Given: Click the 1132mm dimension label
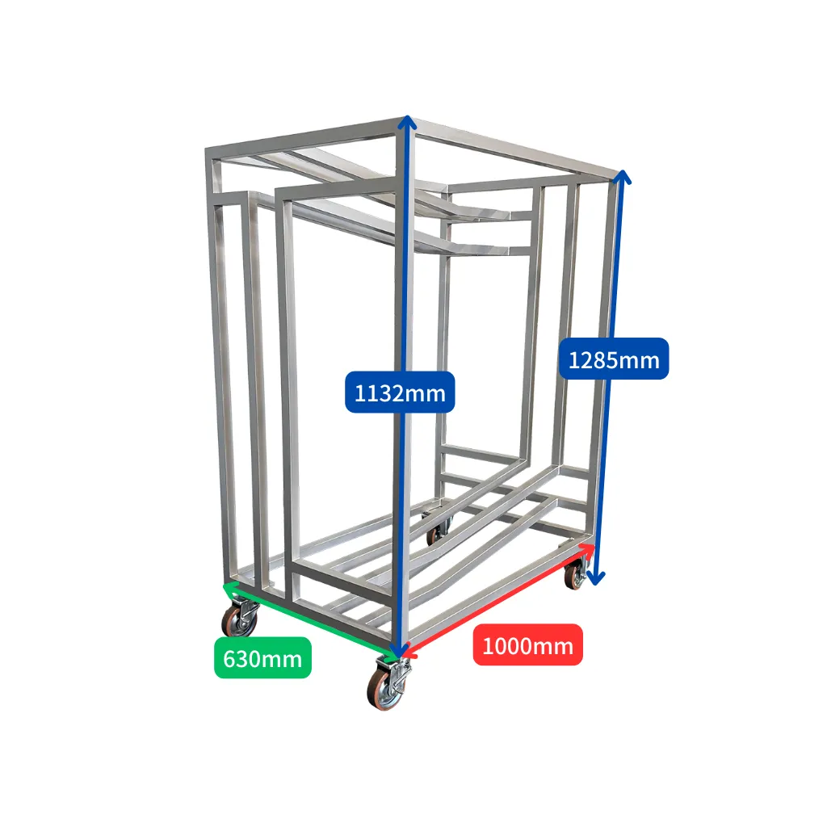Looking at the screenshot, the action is point(400,393).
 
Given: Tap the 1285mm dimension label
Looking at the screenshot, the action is point(614,359).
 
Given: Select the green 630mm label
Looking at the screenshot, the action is point(262,657).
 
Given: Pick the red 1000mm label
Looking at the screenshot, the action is point(527,644).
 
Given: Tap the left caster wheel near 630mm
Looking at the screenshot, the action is point(241,618).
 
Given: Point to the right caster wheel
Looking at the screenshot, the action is point(575,573).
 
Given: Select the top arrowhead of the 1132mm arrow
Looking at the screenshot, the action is point(407,123).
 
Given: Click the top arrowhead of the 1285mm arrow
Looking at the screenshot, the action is point(623,177).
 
